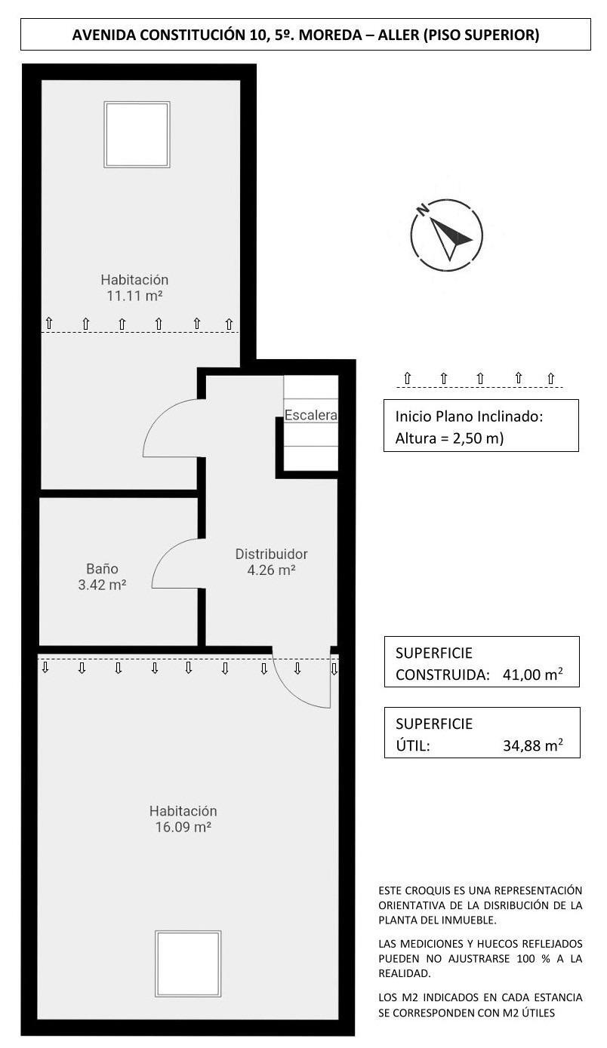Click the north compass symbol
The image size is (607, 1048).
coord(446,235)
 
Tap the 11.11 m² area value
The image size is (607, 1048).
coord(134,296)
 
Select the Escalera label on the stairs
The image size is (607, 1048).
coord(311,415)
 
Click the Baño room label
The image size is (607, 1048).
coord(102,569)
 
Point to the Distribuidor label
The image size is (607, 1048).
coord(271,554)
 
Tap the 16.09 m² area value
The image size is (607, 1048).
coord(183,827)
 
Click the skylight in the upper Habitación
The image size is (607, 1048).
coord(137,135)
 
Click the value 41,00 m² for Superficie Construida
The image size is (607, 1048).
coord(532,675)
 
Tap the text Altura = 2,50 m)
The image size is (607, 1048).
coord(449,438)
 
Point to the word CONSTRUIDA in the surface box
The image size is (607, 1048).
coord(442,675)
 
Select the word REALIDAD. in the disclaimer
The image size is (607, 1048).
coord(405,973)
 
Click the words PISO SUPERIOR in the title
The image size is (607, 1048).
coord(481,35)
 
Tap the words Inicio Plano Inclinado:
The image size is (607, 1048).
coord(469,416)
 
